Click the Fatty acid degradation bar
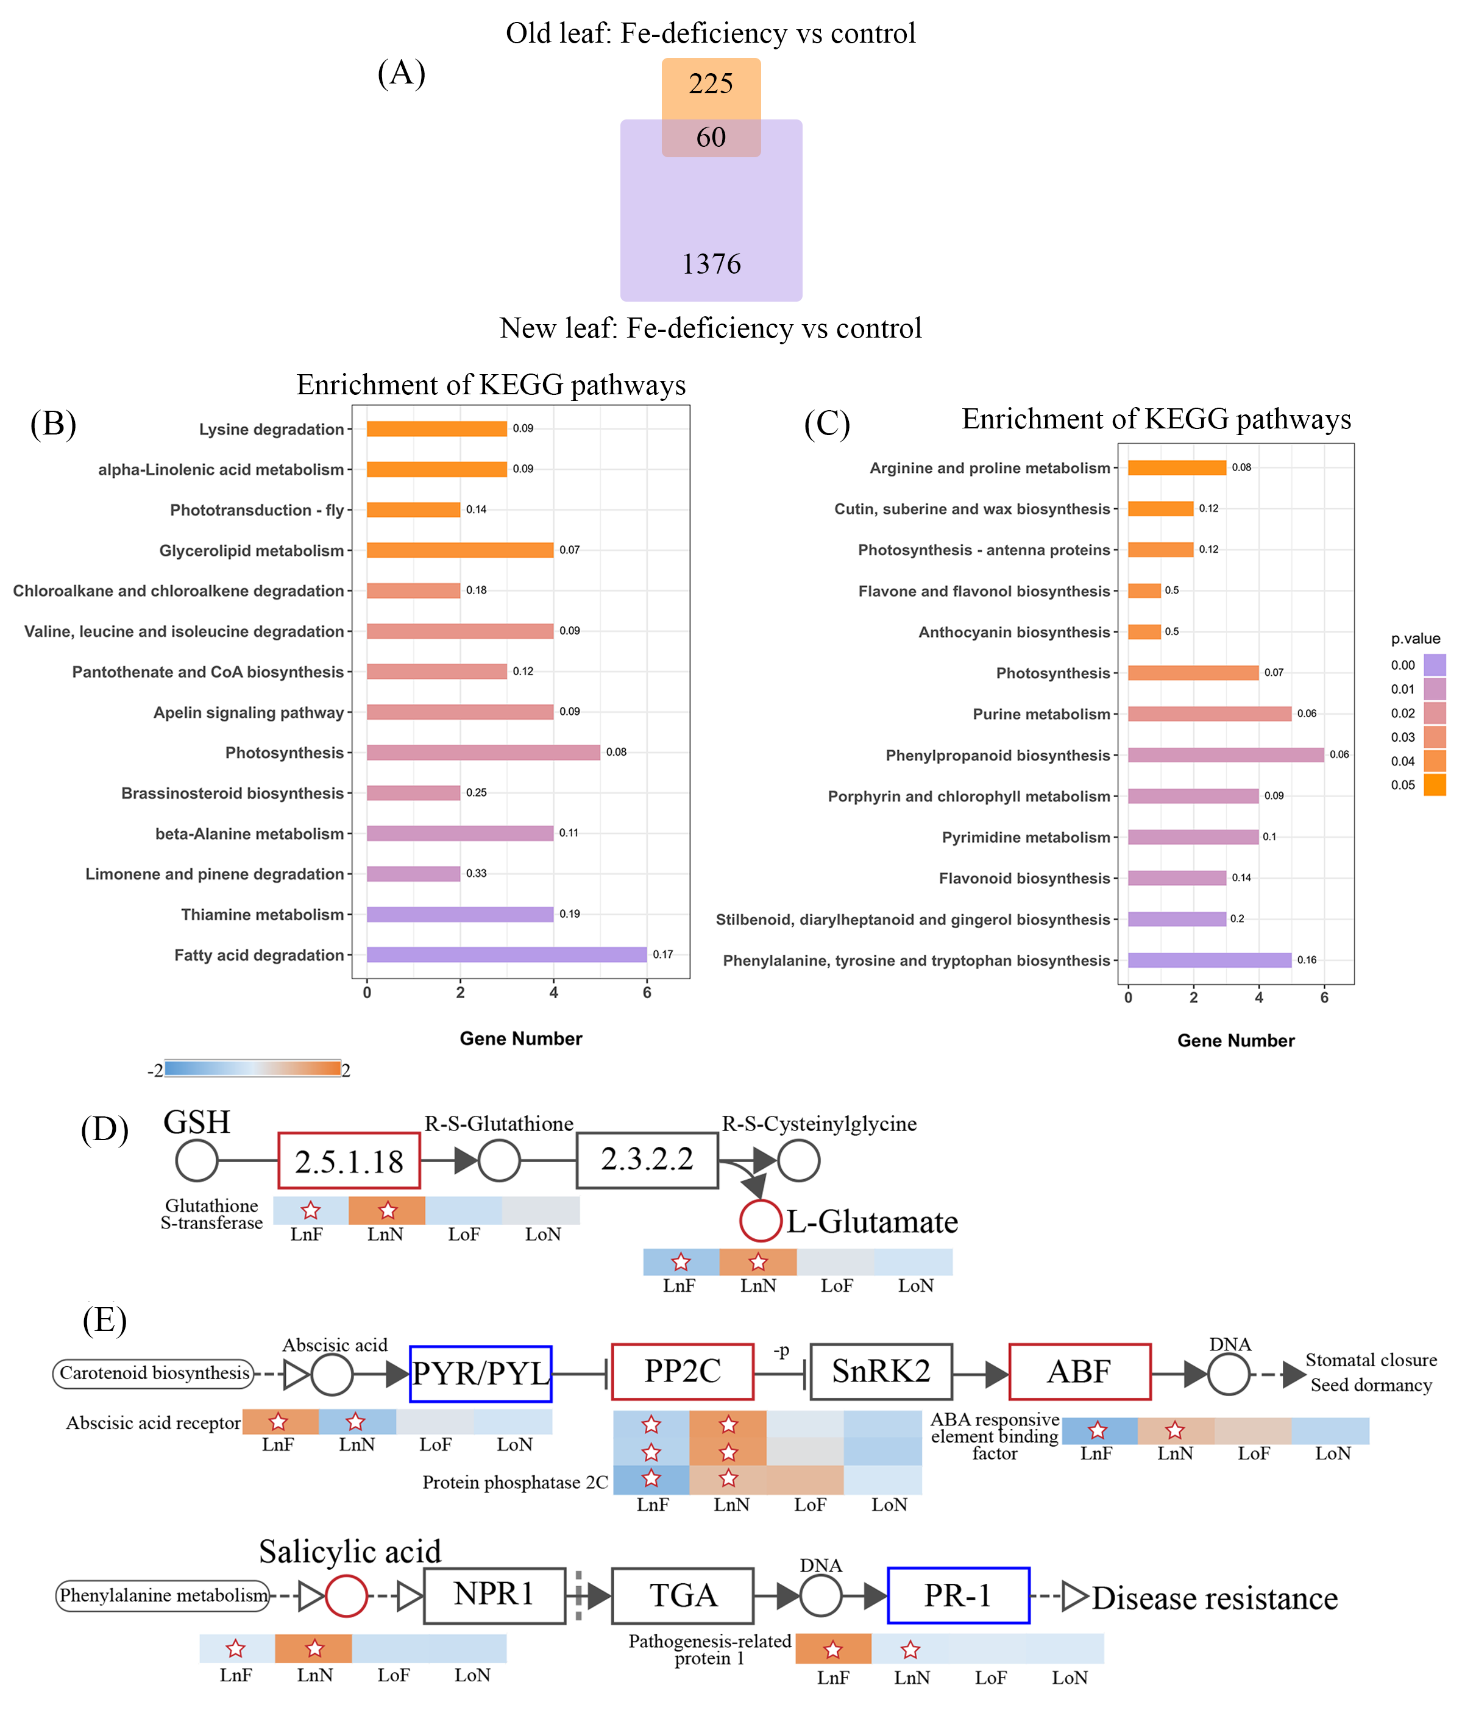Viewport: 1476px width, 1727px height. (506, 954)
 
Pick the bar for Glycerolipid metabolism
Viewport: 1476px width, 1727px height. (459, 550)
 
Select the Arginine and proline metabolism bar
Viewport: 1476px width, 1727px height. (1176, 467)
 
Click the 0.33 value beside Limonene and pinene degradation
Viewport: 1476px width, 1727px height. (476, 873)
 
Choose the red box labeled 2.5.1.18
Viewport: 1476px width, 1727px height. (349, 1161)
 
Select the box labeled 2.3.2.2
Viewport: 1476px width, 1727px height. (647, 1160)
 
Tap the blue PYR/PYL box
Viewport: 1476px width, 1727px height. (481, 1373)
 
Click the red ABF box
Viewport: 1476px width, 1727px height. (1079, 1371)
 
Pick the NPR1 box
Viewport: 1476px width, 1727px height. (494, 1595)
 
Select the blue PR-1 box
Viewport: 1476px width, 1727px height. (957, 1595)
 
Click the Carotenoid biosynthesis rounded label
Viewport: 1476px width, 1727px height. (154, 1373)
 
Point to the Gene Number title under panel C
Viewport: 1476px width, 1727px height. (1235, 1040)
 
